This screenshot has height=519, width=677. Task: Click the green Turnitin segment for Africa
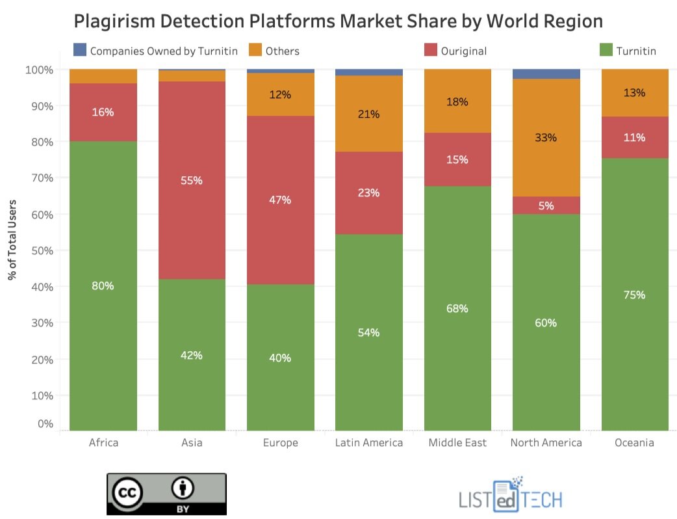click(x=103, y=286)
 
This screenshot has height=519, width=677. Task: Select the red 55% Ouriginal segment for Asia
click(x=192, y=180)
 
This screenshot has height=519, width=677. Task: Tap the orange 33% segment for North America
click(x=546, y=138)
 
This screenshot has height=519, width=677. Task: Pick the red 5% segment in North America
click(x=546, y=206)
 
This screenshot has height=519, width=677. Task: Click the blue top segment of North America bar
click(x=546, y=73)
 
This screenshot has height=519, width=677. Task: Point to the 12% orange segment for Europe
click(x=281, y=94)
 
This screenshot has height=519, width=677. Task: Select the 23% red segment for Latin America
click(x=369, y=193)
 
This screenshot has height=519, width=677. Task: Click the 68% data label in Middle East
click(x=457, y=308)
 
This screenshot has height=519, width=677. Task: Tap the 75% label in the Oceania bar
click(x=634, y=295)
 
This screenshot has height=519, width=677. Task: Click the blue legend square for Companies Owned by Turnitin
click(x=80, y=50)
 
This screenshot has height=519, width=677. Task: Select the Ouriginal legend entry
click(x=463, y=51)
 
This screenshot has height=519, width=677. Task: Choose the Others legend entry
click(x=282, y=51)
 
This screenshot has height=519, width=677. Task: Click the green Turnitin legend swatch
click(x=605, y=50)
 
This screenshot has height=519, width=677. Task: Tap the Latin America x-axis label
click(x=369, y=443)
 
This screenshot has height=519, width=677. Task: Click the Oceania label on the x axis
click(x=634, y=443)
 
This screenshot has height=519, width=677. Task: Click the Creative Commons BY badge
click(x=167, y=494)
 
